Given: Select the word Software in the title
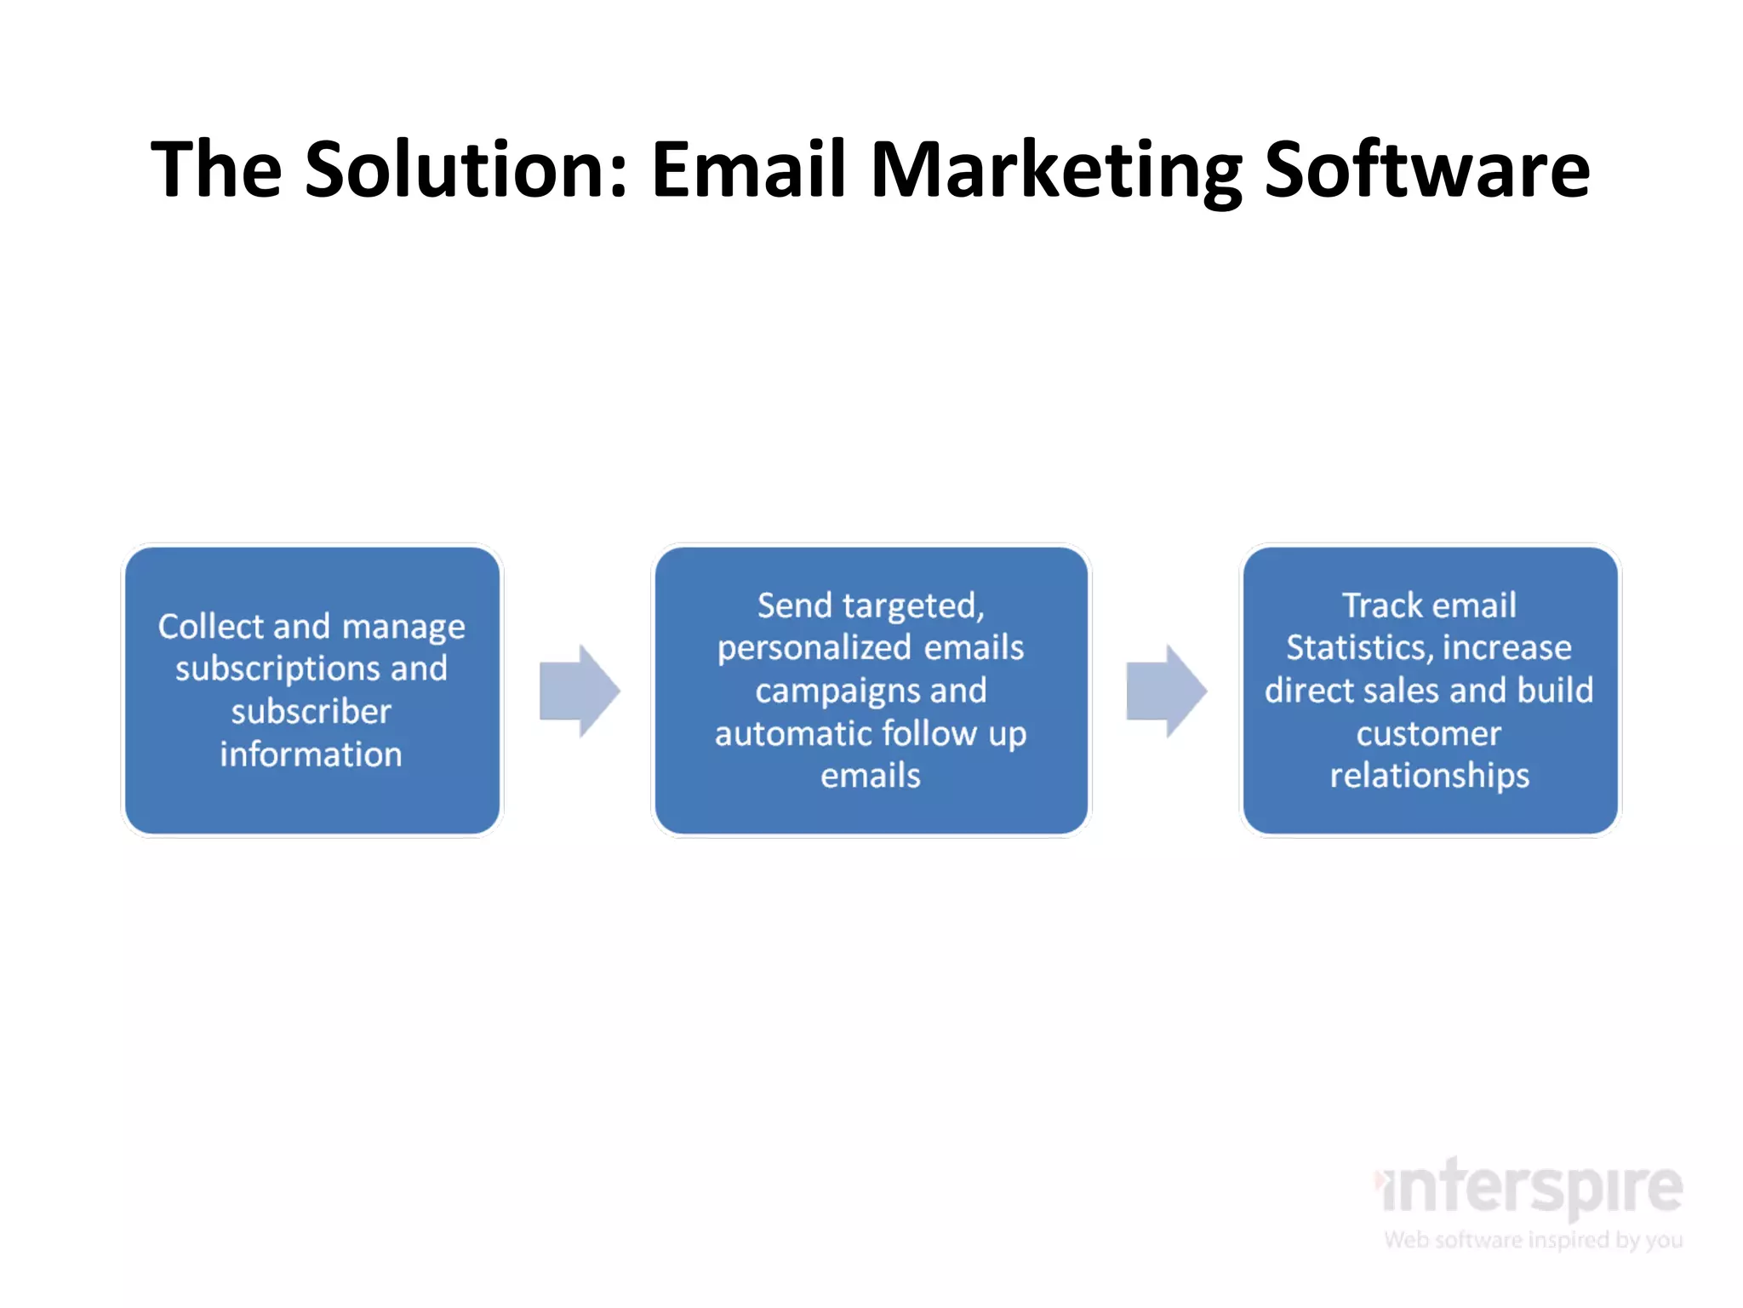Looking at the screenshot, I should coord(1426,169).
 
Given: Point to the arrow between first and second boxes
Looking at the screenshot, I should coord(580,691).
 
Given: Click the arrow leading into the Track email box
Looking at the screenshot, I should coord(1166,691).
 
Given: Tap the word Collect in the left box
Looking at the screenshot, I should coord(211,627).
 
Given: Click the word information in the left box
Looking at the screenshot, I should coord(311,754).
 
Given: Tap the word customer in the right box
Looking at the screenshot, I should coord(1428,733).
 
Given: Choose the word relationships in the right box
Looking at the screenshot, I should coord(1429,776).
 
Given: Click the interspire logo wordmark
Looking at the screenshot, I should coord(1530,1187).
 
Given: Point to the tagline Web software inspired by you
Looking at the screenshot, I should coord(1533,1240).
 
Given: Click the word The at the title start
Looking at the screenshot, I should coord(216,169).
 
